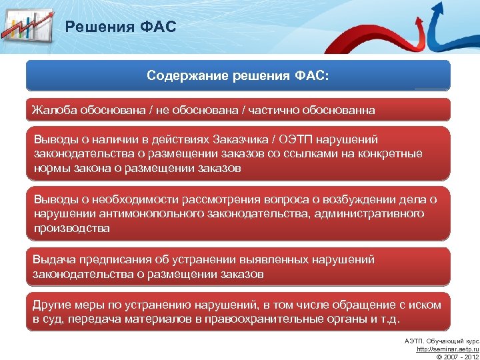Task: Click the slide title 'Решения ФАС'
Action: coord(120,27)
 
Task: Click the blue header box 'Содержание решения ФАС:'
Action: coord(238,75)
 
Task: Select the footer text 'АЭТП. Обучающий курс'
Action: coord(441,341)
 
